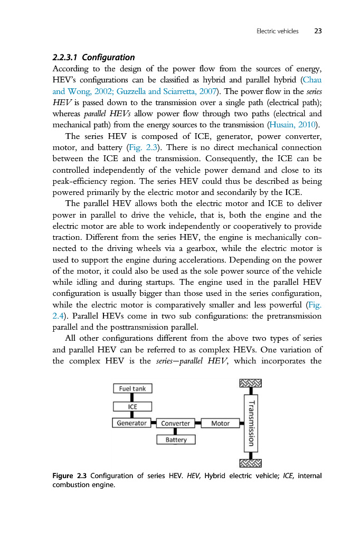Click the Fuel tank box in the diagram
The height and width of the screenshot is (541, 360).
[x=132, y=388]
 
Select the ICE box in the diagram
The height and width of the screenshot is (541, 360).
[x=132, y=406]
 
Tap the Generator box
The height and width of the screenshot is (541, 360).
[x=132, y=423]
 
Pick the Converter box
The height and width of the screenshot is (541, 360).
[x=176, y=423]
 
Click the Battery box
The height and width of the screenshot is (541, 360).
[x=176, y=440]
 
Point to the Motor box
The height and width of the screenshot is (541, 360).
[x=220, y=423]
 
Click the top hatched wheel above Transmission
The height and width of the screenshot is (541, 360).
[x=251, y=383]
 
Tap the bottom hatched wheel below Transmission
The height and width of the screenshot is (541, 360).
[x=251, y=463]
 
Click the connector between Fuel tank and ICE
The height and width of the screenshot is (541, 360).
[x=132, y=397]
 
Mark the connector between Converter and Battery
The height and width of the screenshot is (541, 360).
[x=176, y=432]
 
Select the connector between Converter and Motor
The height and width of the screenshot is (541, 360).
[x=198, y=423]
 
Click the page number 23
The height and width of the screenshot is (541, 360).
[x=318, y=31]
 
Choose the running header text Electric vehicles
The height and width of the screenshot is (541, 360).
[x=277, y=31]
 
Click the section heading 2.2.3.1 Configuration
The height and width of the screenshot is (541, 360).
[x=93, y=57]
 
